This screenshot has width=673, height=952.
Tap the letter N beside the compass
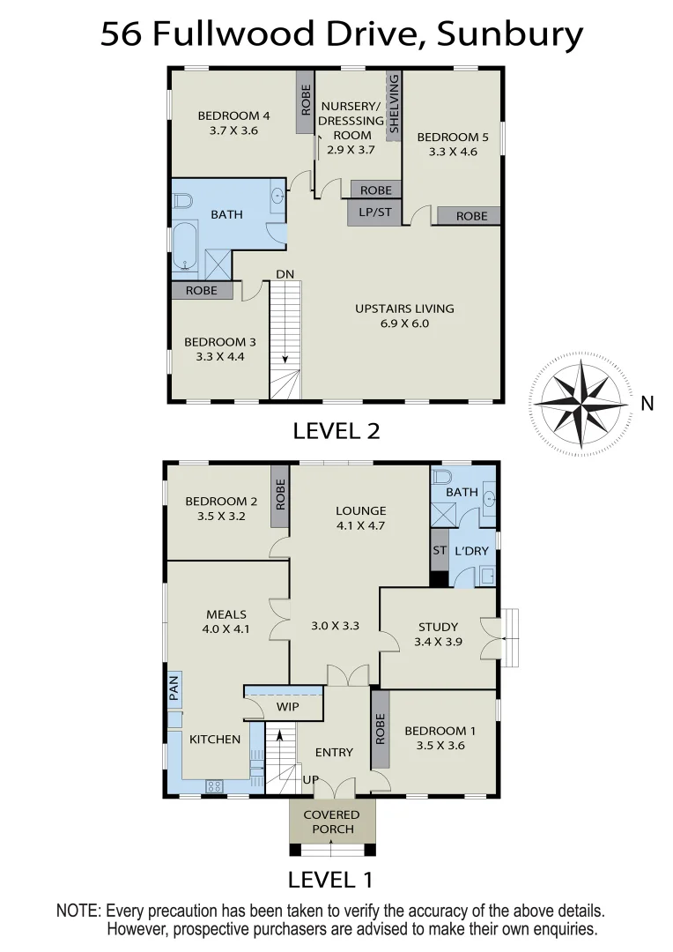click(x=647, y=404)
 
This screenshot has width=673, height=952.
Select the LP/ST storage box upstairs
click(x=374, y=212)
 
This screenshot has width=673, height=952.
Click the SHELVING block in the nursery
click(x=394, y=104)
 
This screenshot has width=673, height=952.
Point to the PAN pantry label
click(x=174, y=688)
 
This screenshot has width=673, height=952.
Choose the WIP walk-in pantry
click(x=288, y=707)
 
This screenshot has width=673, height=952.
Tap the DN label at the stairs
click(x=285, y=274)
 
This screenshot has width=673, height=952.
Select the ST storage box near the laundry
click(x=439, y=550)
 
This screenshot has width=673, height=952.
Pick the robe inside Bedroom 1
click(x=381, y=729)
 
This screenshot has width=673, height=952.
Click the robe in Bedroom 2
click(x=280, y=496)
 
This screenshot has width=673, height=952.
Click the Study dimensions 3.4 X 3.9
click(x=438, y=643)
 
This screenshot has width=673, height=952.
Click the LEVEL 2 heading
click(x=336, y=430)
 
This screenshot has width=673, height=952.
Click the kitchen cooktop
click(x=214, y=785)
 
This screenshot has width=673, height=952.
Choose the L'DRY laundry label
click(x=470, y=551)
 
